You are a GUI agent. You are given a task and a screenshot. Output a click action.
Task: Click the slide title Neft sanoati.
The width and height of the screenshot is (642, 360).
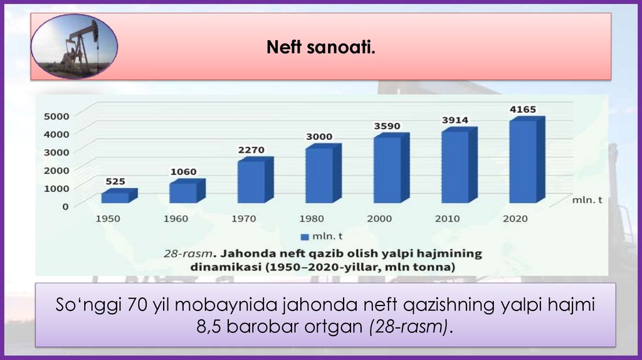pyautogui.click(x=321, y=47)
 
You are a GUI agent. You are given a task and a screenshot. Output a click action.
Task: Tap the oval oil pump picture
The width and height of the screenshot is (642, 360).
pyautogui.click(x=74, y=47)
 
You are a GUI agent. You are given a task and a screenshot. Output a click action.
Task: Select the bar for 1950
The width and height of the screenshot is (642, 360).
pyautogui.click(x=115, y=197)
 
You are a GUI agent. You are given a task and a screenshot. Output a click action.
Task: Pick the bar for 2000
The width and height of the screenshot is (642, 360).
pyautogui.click(x=387, y=169)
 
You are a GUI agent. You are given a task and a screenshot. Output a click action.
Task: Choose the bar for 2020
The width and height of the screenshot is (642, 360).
pyautogui.click(x=522, y=161)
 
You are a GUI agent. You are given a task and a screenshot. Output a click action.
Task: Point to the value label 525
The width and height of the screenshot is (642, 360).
pyautogui.click(x=115, y=181)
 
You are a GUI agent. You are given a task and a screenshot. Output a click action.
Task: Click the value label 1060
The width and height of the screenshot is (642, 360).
pyautogui.click(x=183, y=171)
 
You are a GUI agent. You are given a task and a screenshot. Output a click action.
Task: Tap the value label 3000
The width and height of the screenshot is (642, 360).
pyautogui.click(x=319, y=137)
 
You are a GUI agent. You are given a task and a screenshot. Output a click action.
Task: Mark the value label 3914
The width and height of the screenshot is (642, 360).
pyautogui.click(x=455, y=120)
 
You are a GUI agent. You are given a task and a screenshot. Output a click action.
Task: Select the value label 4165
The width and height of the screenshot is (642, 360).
pyautogui.click(x=523, y=110)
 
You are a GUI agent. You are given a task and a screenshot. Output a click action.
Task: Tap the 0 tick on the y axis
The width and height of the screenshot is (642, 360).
pyautogui.click(x=65, y=206)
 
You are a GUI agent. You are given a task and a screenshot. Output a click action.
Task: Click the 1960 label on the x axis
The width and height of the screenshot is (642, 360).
pyautogui.click(x=176, y=219)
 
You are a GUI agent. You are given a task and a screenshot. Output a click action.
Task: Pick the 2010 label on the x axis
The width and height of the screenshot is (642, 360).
pyautogui.click(x=447, y=219)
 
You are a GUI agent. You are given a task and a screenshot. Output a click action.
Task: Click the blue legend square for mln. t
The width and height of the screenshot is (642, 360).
pyautogui.click(x=305, y=236)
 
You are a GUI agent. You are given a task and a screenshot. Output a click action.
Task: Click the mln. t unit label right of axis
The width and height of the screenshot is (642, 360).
pyautogui.click(x=587, y=200)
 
